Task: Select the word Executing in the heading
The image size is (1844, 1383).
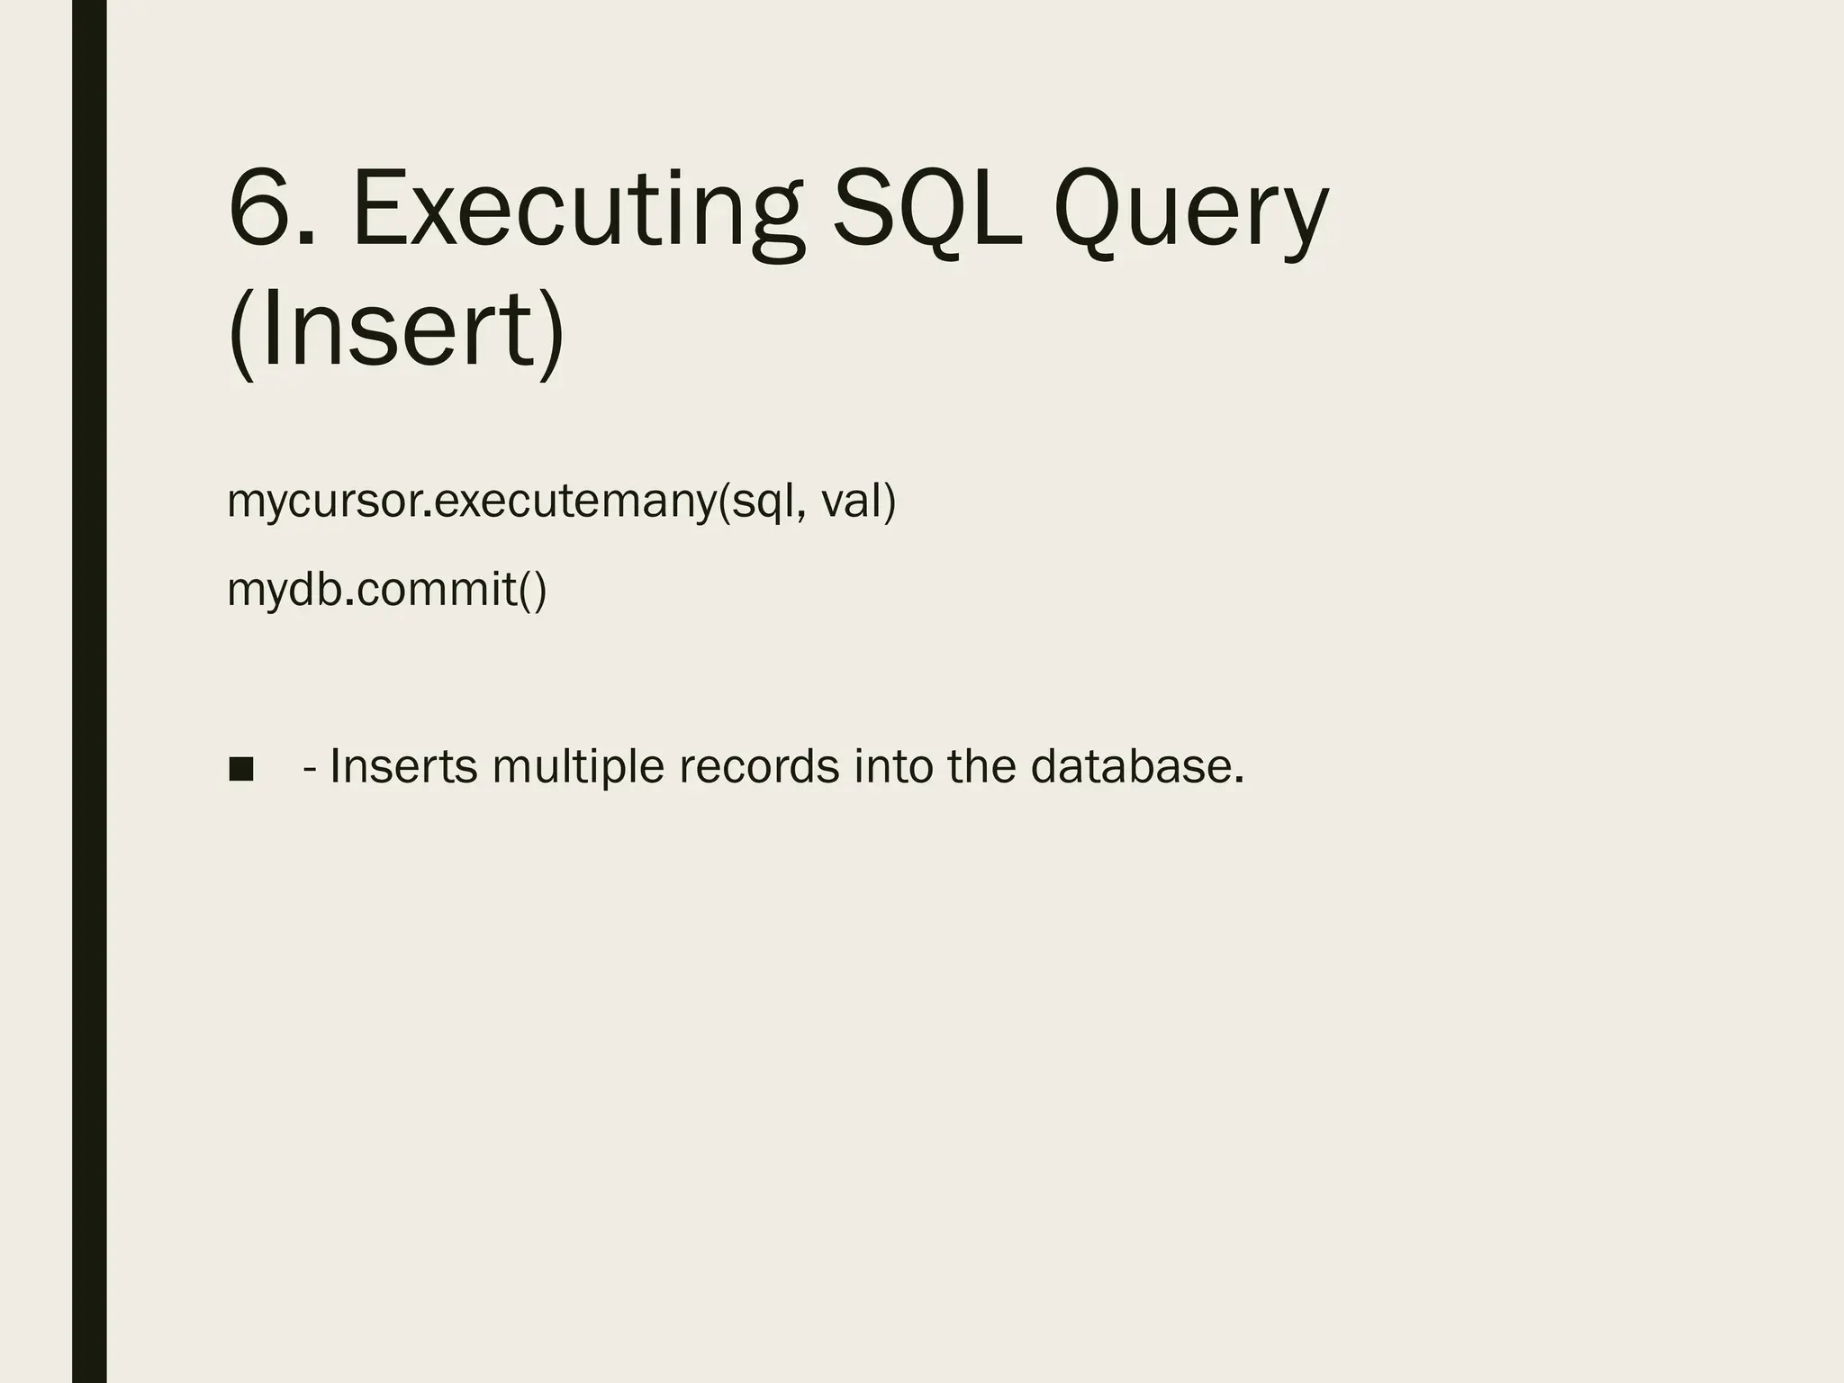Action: coord(577,211)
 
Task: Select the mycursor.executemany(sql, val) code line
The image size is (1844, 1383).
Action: coord(562,501)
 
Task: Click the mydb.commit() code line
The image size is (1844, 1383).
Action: coord(387,590)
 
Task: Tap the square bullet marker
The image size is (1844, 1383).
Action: coord(241,769)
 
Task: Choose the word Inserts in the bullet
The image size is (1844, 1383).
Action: coord(403,767)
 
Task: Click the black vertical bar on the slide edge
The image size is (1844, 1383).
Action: coord(89,691)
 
